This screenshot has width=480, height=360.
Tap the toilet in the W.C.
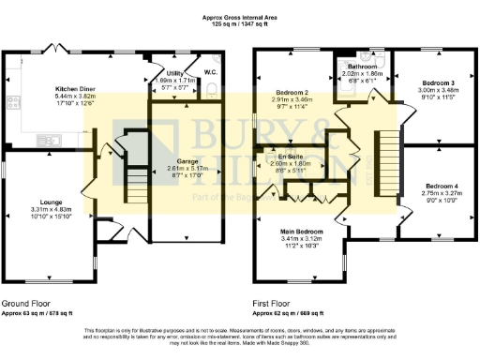click(213, 90)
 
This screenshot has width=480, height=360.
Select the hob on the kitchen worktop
click(12, 102)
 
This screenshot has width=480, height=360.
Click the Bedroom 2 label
click(292, 92)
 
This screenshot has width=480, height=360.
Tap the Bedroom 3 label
click(427, 83)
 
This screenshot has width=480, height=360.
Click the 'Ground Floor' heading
click(27, 305)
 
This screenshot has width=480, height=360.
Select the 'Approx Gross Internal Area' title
click(240, 17)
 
